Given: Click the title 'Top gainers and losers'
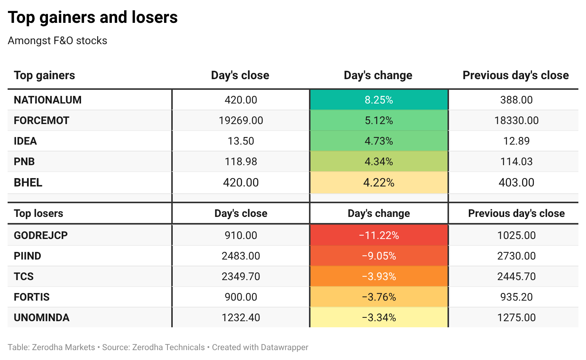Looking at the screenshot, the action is (92, 18).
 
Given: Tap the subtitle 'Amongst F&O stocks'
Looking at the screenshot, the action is (57, 41).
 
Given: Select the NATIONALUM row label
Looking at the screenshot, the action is (48, 100).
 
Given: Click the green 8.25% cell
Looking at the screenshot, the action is (379, 100).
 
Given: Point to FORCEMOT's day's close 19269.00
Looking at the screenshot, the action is (240, 120).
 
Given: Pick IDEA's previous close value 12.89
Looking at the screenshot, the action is (516, 141).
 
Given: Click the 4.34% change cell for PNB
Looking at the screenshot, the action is (379, 161).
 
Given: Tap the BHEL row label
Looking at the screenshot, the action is (28, 183).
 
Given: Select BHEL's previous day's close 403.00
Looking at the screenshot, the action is (516, 183).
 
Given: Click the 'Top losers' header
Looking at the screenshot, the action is (38, 213).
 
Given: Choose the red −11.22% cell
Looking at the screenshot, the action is (379, 235).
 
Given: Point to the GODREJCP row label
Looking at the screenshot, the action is (41, 236).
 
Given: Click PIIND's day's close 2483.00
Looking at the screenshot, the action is (240, 256).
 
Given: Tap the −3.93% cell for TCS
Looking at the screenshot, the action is (379, 276).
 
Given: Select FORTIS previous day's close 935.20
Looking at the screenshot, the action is (516, 297).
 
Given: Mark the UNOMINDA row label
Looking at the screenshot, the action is (41, 318).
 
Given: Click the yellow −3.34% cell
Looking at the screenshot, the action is (379, 317).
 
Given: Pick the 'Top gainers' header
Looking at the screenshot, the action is (44, 75).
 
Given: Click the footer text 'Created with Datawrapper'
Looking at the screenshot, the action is (260, 347).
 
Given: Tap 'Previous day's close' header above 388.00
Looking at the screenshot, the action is (516, 75).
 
